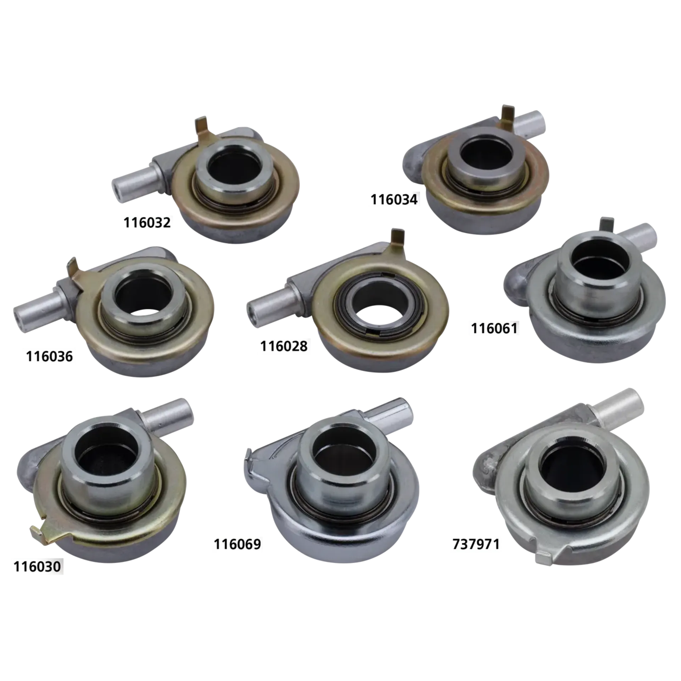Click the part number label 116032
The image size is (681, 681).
tap(147, 223)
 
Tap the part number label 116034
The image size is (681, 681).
tap(394, 200)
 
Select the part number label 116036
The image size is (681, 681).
tap(49, 356)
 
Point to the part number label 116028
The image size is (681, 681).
tap(284, 346)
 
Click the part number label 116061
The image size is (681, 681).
tap(494, 328)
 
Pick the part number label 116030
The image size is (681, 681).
tap(37, 567)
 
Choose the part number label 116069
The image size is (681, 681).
tap(237, 544)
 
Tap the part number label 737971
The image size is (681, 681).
tap(476, 544)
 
